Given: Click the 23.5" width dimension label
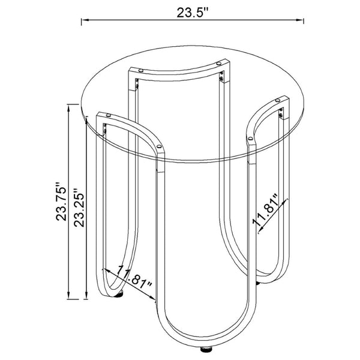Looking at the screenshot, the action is pyautogui.click(x=192, y=13).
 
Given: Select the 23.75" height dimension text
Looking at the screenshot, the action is pyautogui.click(x=61, y=202).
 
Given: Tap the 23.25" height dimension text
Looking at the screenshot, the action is pyautogui.click(x=79, y=208).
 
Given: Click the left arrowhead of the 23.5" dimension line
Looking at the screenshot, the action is pyautogui.click(x=85, y=20).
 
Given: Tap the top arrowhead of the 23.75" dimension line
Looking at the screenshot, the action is pyautogui.click(x=68, y=109).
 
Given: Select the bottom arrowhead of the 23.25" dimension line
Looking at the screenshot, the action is pyautogui.click(x=86, y=295).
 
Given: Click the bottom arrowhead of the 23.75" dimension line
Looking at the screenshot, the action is pyautogui.click(x=68, y=295).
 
